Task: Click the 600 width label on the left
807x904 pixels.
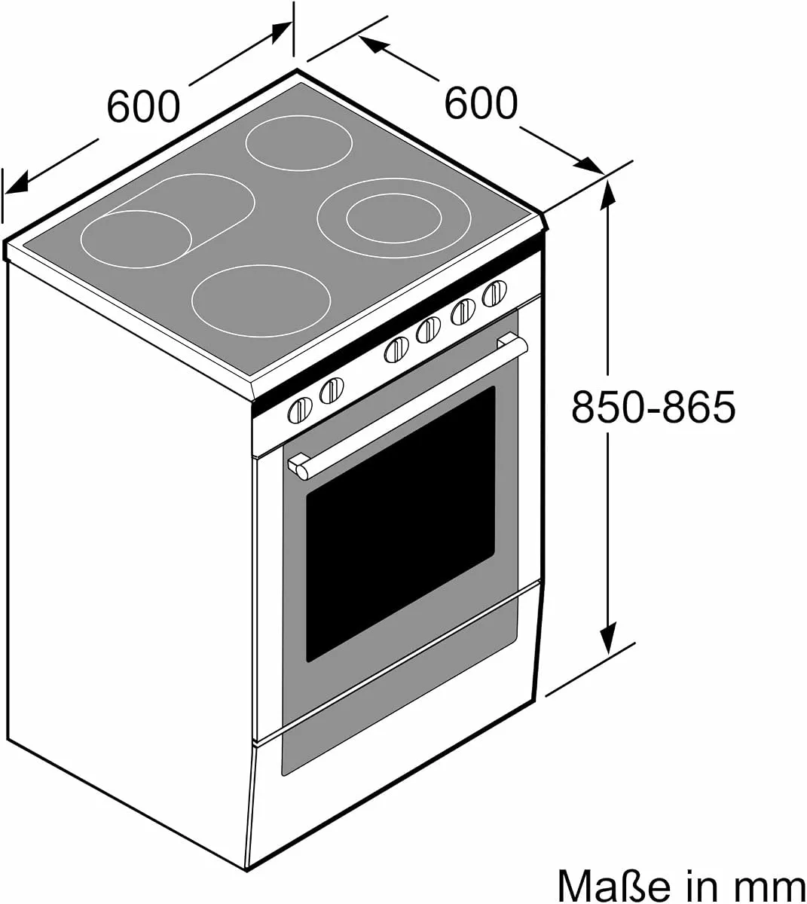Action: pyautogui.click(x=143, y=107)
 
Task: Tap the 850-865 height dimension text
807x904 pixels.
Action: pyautogui.click(x=653, y=406)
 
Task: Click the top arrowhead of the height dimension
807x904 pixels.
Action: pyautogui.click(x=608, y=197)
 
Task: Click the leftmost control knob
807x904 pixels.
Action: pyautogui.click(x=300, y=410)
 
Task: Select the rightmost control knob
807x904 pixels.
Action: pyautogui.click(x=494, y=293)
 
